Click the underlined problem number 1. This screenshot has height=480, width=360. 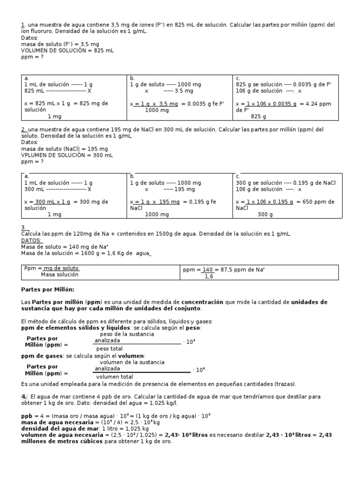tap(22, 25)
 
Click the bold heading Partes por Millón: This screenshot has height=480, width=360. tap(48, 289)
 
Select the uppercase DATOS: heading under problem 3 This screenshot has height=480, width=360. tap(31, 240)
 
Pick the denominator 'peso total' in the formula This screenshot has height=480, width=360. tap(109, 349)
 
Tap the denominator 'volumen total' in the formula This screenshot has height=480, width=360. tap(114, 376)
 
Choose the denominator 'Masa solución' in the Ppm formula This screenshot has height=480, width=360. tap(60, 275)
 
